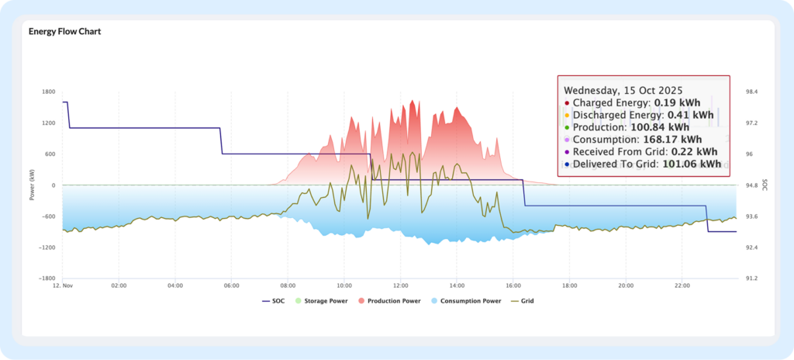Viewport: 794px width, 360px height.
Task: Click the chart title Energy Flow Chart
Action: (x=65, y=32)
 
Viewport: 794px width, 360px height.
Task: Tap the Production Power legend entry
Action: (x=393, y=300)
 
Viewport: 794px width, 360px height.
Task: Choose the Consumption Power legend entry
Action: (x=470, y=300)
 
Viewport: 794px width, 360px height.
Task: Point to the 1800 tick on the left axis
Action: (x=48, y=92)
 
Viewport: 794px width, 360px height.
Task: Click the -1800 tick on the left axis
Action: (x=47, y=278)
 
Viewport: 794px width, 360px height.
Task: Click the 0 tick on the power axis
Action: (x=53, y=185)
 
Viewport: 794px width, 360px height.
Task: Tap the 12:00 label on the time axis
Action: (x=400, y=286)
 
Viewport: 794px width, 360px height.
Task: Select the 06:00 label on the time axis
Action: (x=231, y=286)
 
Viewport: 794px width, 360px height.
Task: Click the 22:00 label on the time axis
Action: (x=682, y=286)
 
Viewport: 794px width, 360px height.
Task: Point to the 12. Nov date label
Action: (x=63, y=286)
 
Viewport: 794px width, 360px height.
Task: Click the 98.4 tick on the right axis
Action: (x=751, y=92)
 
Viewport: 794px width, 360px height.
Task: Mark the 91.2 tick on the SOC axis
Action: (x=751, y=278)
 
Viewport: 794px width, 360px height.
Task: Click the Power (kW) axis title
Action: (x=32, y=185)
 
